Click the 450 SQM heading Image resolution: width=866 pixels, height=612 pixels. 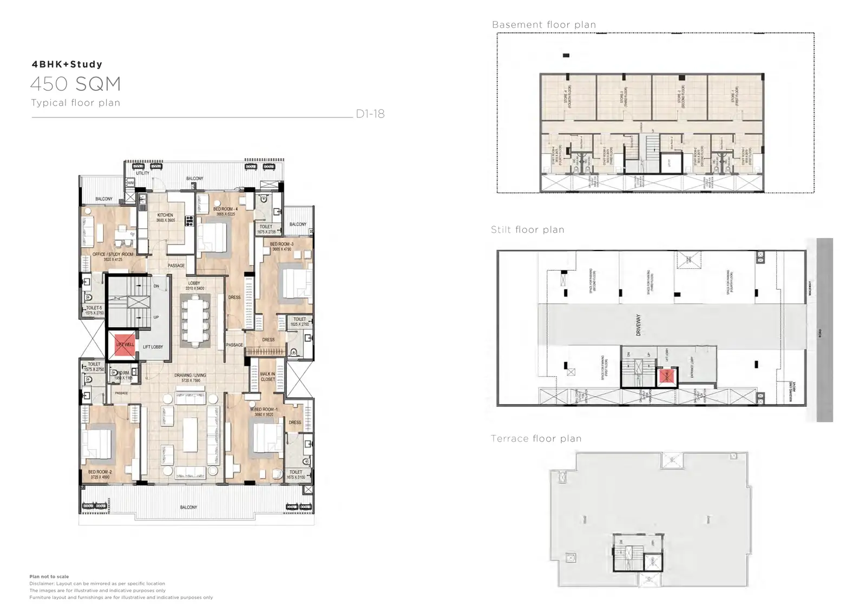75,84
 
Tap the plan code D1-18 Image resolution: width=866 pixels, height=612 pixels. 370,114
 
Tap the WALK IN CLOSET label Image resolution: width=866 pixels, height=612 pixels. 267,377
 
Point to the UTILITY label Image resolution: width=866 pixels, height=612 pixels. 142,173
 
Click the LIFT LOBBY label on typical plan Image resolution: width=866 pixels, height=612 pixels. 153,347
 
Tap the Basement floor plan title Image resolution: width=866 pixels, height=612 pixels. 543,25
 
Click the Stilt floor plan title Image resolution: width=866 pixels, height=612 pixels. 527,229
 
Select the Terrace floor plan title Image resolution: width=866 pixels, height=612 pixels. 536,439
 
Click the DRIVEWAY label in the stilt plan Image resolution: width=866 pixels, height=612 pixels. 638,325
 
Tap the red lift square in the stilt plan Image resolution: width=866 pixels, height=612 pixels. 666,377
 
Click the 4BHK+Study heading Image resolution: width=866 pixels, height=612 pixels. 67,64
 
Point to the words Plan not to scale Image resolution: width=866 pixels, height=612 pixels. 49,577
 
